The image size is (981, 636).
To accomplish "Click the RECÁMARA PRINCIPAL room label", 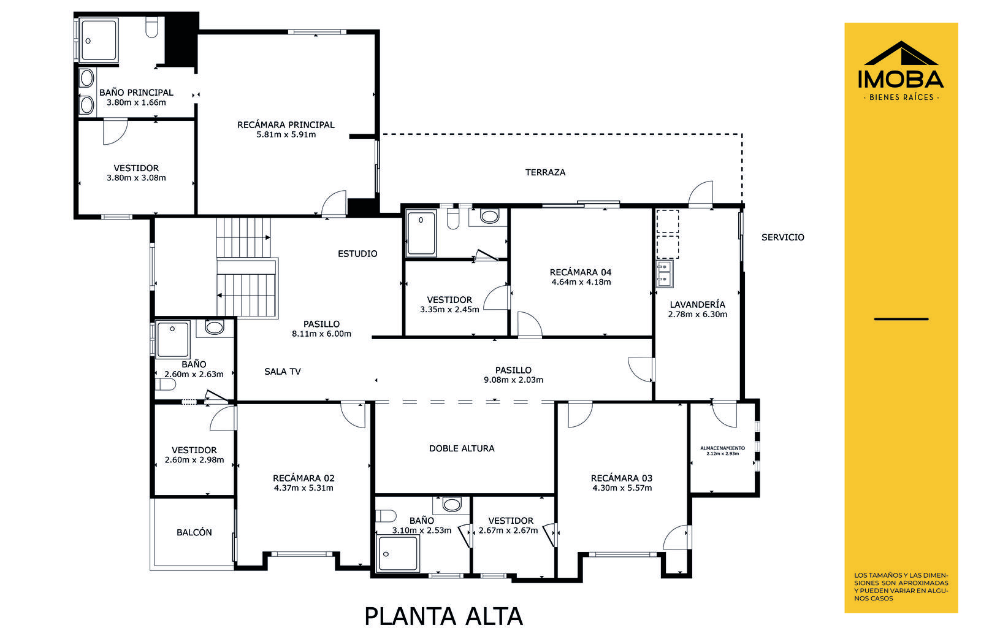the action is [286, 125].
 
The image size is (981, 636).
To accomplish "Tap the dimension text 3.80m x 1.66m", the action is [136, 102].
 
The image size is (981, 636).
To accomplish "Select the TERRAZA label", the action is [545, 172].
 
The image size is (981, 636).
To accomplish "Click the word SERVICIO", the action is [782, 237].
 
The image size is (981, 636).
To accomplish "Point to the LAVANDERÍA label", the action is [697, 304].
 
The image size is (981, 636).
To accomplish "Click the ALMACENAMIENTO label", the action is [723, 448].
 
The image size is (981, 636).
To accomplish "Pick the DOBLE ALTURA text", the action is [462, 448].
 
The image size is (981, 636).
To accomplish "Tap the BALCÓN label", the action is [194, 532].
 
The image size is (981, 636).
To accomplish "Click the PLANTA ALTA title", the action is [444, 616].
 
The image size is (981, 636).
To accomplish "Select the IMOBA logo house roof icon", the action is [901, 53].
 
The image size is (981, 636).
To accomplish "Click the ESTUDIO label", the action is [357, 254].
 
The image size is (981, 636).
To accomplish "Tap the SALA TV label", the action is [283, 372].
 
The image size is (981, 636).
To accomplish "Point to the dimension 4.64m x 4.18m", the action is [581, 282].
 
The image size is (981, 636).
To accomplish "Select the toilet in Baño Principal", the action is [151, 28].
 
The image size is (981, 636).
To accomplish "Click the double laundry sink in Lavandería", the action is [665, 274].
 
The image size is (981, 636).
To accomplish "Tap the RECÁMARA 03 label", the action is [622, 478].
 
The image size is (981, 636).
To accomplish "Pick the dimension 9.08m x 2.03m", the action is [513, 380].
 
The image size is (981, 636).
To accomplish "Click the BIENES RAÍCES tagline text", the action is [901, 98].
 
